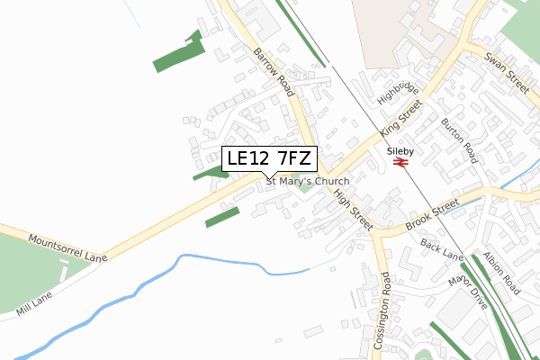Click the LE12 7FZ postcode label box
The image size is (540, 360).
pyautogui.click(x=269, y=159)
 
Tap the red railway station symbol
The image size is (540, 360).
pyautogui.click(x=401, y=162)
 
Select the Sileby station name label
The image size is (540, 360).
pyautogui.click(x=400, y=150)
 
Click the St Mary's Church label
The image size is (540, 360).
pyautogui.click(x=306, y=181)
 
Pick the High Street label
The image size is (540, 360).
pyautogui.click(x=353, y=210)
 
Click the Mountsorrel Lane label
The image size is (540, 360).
pyautogui.click(x=67, y=248)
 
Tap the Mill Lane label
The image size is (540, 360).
pyautogui.click(x=33, y=303)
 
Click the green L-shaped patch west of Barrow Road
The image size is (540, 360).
pyautogui.click(x=179, y=53)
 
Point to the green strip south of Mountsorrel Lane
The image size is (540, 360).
pyautogui.click(x=222, y=217)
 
